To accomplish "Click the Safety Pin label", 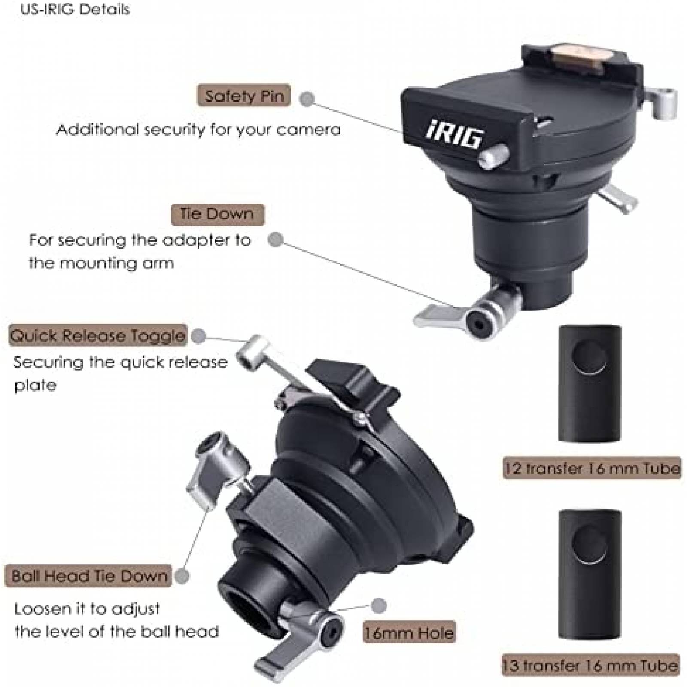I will (x=243, y=95).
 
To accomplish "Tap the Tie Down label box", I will (x=217, y=214).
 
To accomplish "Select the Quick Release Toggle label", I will (x=98, y=335).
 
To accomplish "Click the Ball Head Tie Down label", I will (x=88, y=576).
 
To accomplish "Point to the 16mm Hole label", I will (x=409, y=632).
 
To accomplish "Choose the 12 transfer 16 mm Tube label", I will (x=592, y=468).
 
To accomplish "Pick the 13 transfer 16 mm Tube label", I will (x=590, y=666).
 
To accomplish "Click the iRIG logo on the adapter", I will (x=454, y=136).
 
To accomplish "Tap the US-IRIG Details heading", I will (x=75, y=9).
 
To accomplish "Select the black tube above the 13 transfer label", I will (x=590, y=574).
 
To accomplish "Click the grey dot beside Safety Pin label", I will (x=307, y=99).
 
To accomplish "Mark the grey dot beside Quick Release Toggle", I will (x=198, y=336).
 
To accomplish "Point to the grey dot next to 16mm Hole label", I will (x=378, y=606).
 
